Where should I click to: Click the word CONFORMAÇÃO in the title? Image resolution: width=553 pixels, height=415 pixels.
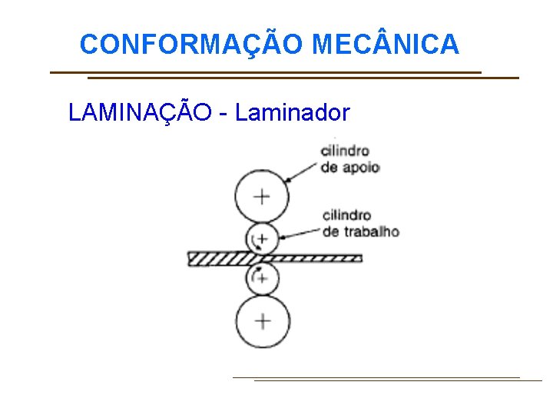pos(193,45)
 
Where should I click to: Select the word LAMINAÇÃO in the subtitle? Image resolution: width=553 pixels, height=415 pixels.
pos(140,113)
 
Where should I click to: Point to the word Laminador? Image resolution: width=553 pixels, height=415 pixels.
pos(293,113)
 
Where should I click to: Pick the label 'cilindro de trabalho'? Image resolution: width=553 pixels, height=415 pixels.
pos(360,223)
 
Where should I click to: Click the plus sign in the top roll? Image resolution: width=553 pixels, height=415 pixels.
pos(263,196)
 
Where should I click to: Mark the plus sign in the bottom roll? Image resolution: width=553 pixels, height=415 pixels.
pos(263,321)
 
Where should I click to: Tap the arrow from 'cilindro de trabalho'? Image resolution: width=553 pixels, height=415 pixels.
pos(300,230)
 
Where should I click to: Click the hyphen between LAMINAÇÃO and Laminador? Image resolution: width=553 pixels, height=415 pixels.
pos(223,115)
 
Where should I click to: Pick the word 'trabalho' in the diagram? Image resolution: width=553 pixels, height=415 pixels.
pos(372,231)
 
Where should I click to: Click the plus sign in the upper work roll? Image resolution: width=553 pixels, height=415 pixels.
pos(262,239)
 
